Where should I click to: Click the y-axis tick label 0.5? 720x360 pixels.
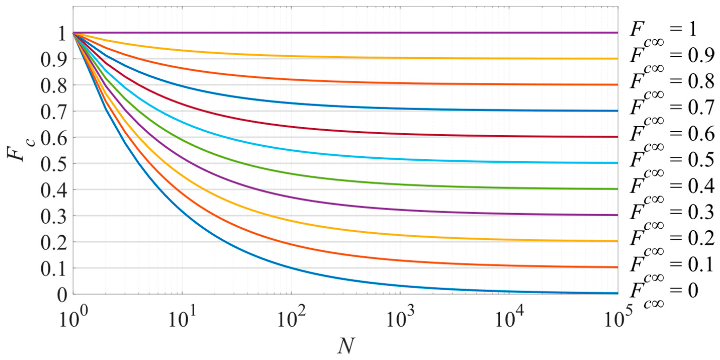point(54,164)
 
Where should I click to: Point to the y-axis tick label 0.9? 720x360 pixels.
point(54,59)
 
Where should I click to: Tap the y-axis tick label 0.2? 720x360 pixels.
point(54,242)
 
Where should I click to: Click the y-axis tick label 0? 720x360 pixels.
point(62,295)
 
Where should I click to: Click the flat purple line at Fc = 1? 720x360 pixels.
point(335,33)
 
